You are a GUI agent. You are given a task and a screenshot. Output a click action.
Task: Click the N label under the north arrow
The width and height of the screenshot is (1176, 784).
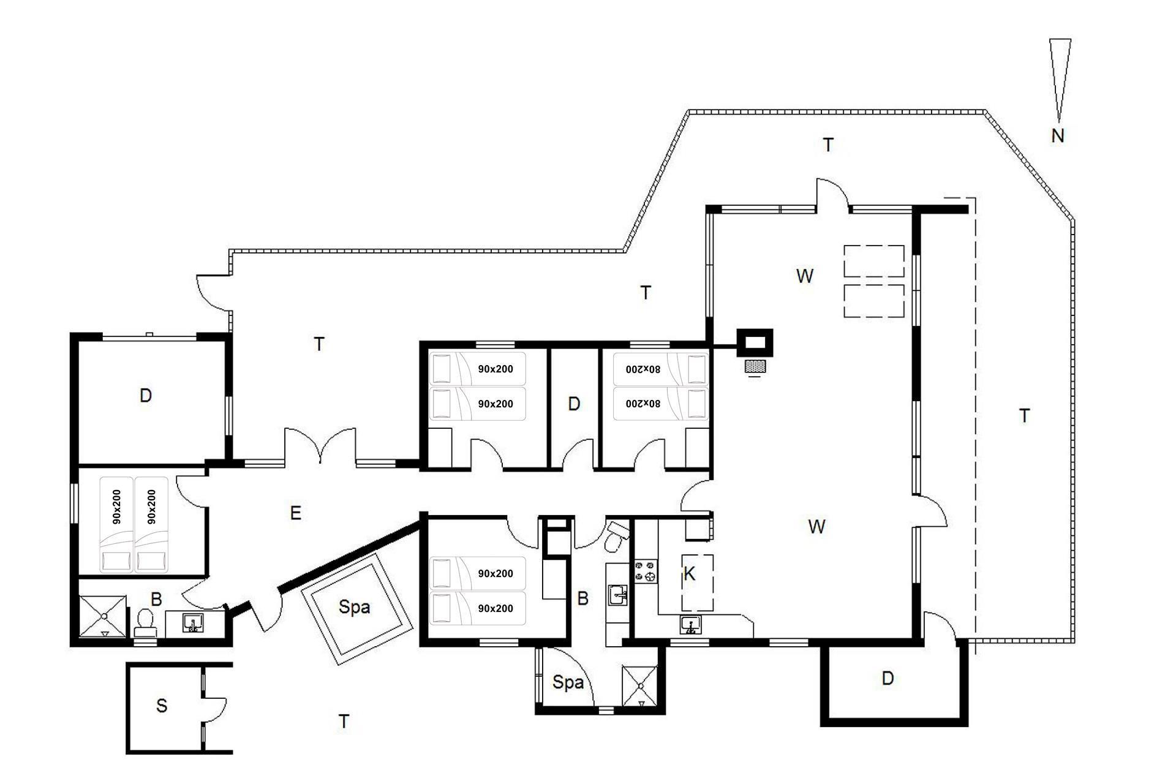click(1057, 135)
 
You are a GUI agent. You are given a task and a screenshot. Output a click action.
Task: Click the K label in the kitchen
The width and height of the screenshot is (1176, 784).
click(689, 574)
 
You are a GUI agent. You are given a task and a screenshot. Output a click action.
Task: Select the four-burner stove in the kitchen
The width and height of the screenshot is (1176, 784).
click(646, 571)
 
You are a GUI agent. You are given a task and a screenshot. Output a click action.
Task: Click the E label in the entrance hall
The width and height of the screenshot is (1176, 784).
click(295, 513)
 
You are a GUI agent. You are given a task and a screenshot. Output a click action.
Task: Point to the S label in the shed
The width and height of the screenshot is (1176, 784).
click(162, 706)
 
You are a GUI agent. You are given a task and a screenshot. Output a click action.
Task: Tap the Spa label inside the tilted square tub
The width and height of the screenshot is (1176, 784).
click(354, 607)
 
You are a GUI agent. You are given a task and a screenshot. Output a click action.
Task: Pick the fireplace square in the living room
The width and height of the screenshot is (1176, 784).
click(755, 342)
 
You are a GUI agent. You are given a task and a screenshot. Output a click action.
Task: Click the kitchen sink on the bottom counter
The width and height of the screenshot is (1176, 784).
click(690, 625)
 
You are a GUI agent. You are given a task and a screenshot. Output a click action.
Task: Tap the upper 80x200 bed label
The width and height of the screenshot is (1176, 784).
click(643, 369)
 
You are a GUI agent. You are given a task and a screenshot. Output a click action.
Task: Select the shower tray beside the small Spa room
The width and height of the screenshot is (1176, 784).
click(639, 687)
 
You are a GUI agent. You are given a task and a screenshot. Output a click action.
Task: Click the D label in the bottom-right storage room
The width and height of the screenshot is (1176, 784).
click(888, 678)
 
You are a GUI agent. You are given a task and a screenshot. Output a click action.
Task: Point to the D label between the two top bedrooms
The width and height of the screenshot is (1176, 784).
click(574, 404)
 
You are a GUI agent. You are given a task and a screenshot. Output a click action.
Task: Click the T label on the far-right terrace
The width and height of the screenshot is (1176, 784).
click(1025, 416)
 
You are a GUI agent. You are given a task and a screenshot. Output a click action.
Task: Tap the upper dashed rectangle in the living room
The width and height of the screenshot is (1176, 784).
click(874, 262)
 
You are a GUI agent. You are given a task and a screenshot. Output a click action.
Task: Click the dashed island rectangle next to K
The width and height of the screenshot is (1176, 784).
click(698, 582)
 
